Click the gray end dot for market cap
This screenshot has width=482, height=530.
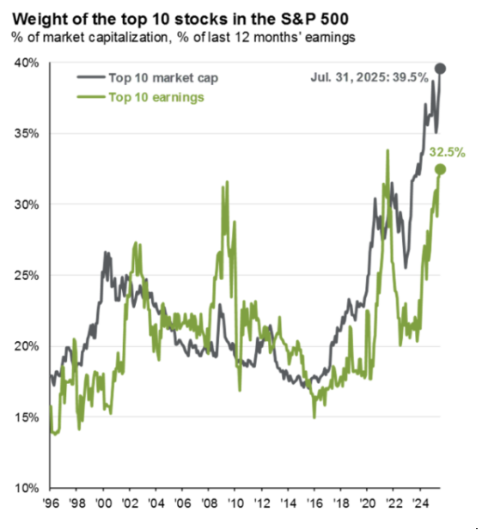440,69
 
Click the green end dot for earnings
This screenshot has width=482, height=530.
440,169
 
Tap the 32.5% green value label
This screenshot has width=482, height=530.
447,152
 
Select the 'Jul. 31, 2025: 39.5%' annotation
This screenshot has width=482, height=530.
369,77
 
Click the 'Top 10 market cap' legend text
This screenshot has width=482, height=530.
163,78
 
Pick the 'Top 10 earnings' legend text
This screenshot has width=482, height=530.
156,97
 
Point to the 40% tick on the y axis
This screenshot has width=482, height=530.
27,63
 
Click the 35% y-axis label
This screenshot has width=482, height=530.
27,133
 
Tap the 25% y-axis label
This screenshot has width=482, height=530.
27,276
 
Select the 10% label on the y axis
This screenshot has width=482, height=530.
27,488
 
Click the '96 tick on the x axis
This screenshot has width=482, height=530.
51,503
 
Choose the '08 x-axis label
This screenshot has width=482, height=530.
210,503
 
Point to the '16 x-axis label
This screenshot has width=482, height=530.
314,503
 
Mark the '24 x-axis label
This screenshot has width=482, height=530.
420,503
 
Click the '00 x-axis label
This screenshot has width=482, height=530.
104,503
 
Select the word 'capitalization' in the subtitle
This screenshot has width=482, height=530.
128,38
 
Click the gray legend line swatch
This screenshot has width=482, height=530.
91,77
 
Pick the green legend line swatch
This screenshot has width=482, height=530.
91,97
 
